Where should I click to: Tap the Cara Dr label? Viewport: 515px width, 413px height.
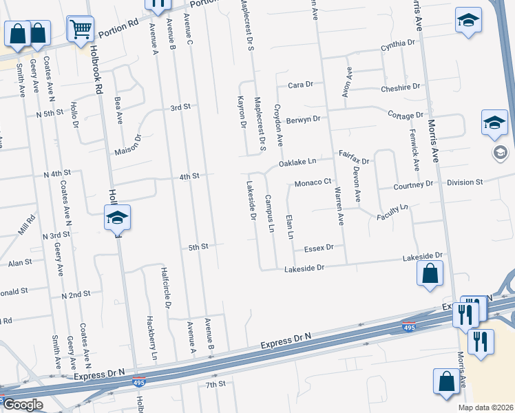point(300,85)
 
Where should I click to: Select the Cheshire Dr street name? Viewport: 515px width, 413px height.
point(400,88)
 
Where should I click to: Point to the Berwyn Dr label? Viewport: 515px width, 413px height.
point(304,119)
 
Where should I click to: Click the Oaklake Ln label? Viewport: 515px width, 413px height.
point(297,162)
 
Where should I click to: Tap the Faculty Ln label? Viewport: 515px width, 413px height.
point(392,212)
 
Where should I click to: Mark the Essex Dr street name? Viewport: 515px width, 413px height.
point(319,246)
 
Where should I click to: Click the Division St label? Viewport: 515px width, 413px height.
point(465,182)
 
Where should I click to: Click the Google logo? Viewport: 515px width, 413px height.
point(23,405)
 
